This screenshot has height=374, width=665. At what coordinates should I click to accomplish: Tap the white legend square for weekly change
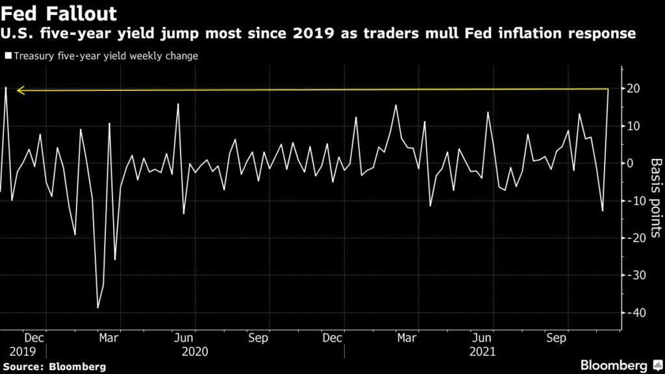pos(7,56)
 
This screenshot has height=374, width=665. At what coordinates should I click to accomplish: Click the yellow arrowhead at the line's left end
pos(19,91)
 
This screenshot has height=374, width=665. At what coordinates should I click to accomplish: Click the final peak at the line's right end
pos(608,90)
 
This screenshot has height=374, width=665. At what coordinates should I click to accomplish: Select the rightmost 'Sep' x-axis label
pos(555,338)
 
